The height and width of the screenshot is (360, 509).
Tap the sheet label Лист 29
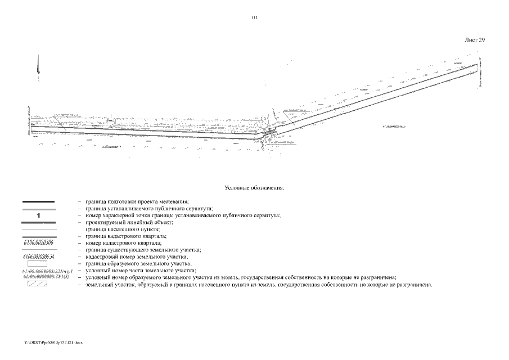(x=475, y=40)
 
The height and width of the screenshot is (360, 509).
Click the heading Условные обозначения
(x=254, y=187)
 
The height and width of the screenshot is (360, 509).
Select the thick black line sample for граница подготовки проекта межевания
(x=38, y=201)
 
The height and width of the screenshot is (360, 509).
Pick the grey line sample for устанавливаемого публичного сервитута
(x=38, y=209)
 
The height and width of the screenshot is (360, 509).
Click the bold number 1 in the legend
(x=38, y=215)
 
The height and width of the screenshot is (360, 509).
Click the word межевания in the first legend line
(x=173, y=201)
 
